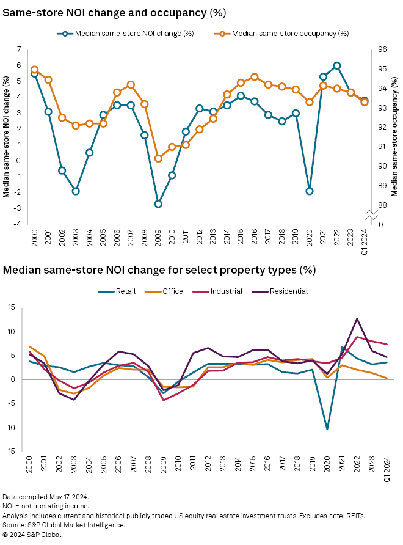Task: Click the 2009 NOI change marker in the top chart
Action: [x=158, y=203]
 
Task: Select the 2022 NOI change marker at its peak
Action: [x=337, y=65]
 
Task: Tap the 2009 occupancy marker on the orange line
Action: [x=158, y=158]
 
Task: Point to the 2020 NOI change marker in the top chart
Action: [x=310, y=191]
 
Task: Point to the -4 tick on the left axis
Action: [x=19, y=224]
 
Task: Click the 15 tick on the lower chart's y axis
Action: [x=10, y=307]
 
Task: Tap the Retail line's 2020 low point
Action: [x=328, y=429]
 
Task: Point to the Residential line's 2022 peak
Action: [x=357, y=319]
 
